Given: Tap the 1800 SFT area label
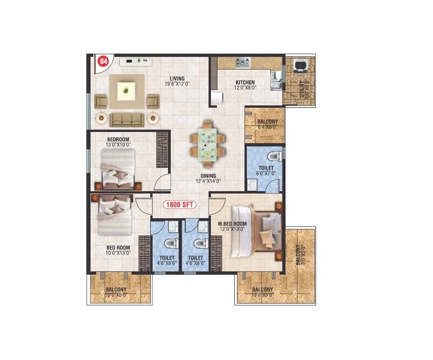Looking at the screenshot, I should click(180, 204).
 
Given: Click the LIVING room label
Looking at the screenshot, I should click(177, 78).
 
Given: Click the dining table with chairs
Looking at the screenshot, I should click(206, 144).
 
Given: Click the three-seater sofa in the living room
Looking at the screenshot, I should click(126, 119).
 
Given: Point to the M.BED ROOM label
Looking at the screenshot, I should click(232, 224).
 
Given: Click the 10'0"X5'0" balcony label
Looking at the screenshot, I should click(116, 295).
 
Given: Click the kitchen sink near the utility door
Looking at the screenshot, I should click(276, 80).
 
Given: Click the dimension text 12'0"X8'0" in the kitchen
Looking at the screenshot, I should click(245, 87).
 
